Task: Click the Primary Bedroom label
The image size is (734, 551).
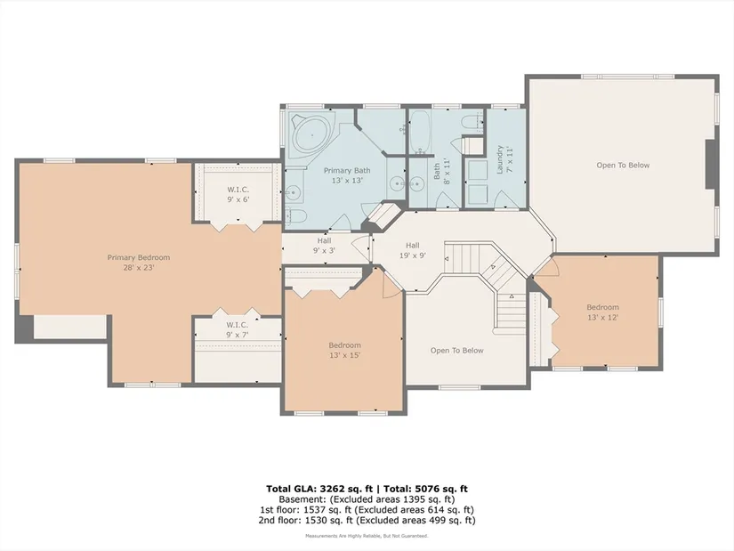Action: click(x=139, y=263)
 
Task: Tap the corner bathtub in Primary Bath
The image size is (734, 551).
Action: click(x=312, y=135)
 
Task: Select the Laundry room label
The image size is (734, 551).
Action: click(x=504, y=159)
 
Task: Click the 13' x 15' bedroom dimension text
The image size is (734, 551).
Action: click(x=344, y=356)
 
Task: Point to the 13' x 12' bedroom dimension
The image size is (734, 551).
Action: click(x=603, y=317)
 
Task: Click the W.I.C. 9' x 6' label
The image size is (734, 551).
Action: click(x=238, y=194)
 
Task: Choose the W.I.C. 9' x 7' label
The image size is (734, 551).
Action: click(x=238, y=330)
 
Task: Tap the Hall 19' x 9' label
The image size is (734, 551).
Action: click(x=413, y=250)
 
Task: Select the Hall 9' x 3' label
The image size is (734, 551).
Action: click(x=324, y=246)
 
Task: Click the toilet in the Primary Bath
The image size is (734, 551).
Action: click(x=295, y=216)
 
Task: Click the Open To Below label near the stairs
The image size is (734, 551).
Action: click(x=457, y=351)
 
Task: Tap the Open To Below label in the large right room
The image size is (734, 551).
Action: click(x=623, y=165)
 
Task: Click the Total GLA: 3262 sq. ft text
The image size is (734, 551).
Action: click(x=319, y=490)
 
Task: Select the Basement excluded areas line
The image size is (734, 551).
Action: click(x=367, y=499)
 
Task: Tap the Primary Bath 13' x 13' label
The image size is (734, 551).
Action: click(x=347, y=175)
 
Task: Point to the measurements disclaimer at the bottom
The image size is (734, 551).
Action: click(x=367, y=536)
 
